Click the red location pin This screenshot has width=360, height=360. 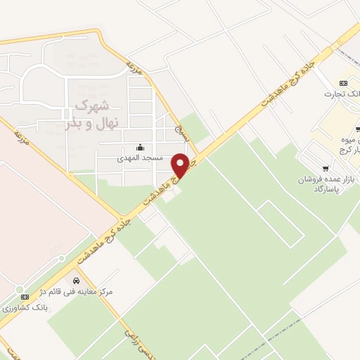tap(181, 165)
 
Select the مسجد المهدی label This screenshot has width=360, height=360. tap(140, 158)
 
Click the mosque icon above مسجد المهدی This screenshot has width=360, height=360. tap(140, 148)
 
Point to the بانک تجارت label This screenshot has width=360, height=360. tap(341, 94)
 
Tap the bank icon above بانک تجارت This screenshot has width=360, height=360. tap(343, 83)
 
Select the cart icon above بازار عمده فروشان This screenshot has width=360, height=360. tap(325, 168)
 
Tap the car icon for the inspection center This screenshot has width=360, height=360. tap(76, 281)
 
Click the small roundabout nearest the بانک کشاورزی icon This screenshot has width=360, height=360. tap(19, 289)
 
